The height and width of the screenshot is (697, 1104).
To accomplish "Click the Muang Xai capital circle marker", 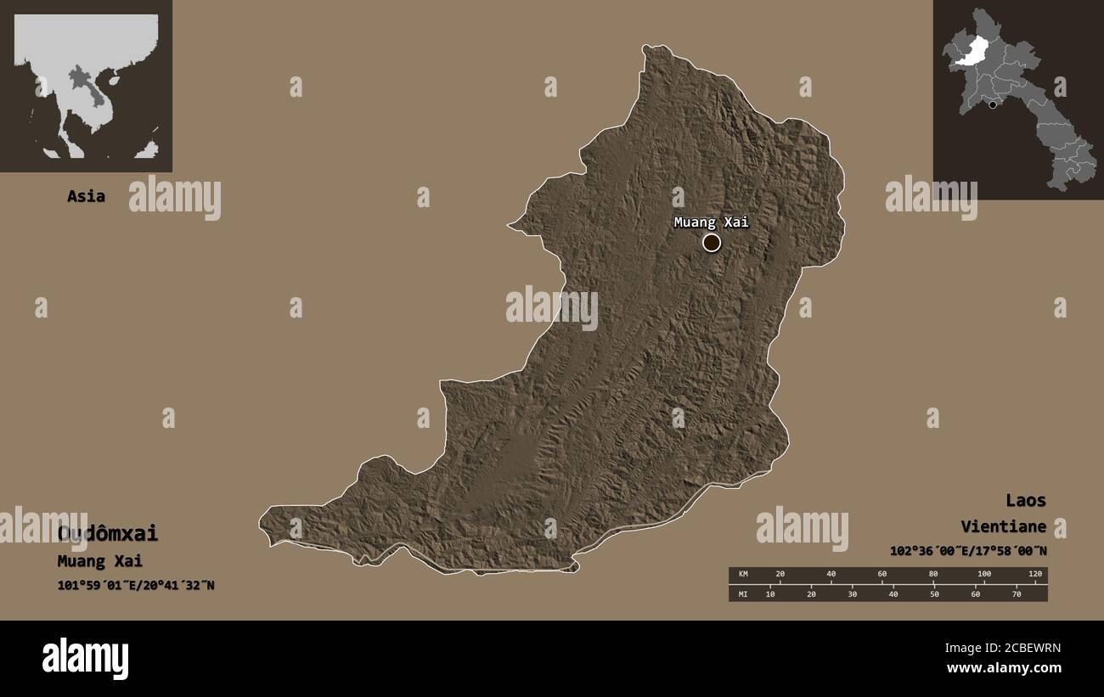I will (712, 243).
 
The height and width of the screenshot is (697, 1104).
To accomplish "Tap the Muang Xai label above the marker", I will (712, 222).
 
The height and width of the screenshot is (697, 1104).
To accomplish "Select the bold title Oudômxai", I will (108, 534).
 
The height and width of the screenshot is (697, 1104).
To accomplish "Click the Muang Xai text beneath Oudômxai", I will (99, 561).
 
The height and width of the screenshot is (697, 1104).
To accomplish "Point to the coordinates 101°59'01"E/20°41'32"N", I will (136, 585).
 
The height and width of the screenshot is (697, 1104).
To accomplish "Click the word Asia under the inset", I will (86, 196).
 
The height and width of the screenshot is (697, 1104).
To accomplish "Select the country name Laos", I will (1026, 500).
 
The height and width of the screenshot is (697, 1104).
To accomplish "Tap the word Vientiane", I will (1003, 527).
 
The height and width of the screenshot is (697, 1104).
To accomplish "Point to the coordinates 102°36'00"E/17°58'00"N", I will (968, 550).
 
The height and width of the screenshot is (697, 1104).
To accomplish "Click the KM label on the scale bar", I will (742, 575).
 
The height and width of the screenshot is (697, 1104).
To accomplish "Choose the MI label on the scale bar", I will (742, 593).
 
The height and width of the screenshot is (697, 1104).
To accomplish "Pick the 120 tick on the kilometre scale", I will (1034, 575).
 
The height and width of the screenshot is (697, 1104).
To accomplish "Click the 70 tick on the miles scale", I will (1016, 593).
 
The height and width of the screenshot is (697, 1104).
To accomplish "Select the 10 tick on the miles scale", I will (770, 593).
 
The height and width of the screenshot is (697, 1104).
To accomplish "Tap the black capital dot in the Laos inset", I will (992, 104).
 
